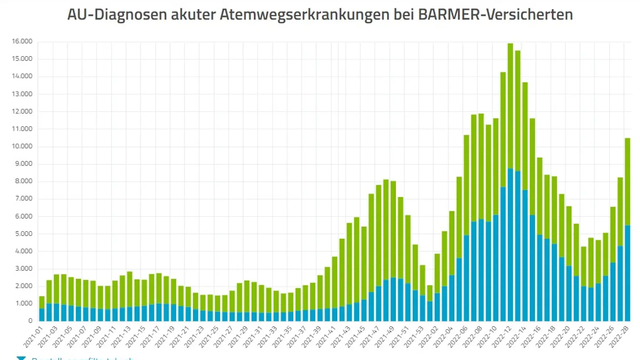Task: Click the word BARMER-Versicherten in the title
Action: point(495,15)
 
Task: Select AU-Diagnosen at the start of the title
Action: point(117,15)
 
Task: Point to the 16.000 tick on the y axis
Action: point(22,41)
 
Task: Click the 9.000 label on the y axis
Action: point(23,164)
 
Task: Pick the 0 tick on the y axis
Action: point(30,321)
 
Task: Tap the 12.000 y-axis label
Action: point(22,111)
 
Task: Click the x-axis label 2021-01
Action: point(34,337)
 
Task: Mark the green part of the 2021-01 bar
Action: point(42,302)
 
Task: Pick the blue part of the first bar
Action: point(42,315)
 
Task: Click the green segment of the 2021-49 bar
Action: point(393,230)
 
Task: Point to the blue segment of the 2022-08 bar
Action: point(481,270)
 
